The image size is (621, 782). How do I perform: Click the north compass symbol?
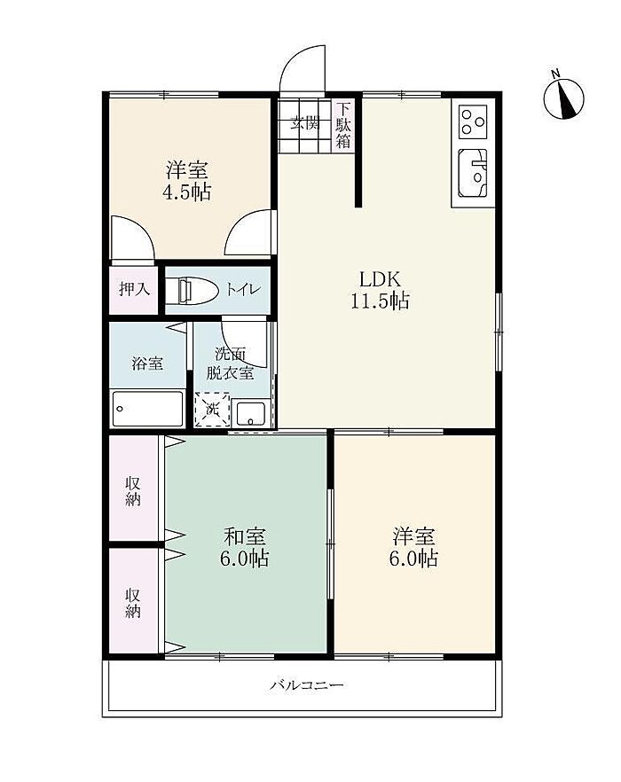pos(563,98)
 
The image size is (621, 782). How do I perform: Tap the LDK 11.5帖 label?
pos(381,290)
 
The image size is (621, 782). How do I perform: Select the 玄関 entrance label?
pos(305,122)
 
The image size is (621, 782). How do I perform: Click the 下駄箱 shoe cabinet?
pos(343,125)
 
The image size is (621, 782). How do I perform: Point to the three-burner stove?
pos(473,121)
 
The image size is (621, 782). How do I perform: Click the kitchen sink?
pos(472,173)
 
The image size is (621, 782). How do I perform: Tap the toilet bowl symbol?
pos(192,291)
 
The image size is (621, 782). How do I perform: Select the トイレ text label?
pos(244,289)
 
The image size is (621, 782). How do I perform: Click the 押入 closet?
pos(134,290)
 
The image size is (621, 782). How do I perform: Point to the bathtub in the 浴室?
pos(147,409)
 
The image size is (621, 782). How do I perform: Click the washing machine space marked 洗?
pos(213,410)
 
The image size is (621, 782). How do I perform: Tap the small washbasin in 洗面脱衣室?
pos(251,413)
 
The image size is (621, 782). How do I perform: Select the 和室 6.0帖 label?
pos(244,547)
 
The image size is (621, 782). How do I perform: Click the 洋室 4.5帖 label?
pos(187,181)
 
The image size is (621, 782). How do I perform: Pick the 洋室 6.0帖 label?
pos(413,547)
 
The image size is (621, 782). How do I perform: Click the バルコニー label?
pos(306,684)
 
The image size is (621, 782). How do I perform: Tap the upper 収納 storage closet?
pos(134,489)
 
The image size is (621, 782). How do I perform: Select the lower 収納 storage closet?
pos(134,600)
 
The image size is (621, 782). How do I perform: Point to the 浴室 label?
pos(147,364)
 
